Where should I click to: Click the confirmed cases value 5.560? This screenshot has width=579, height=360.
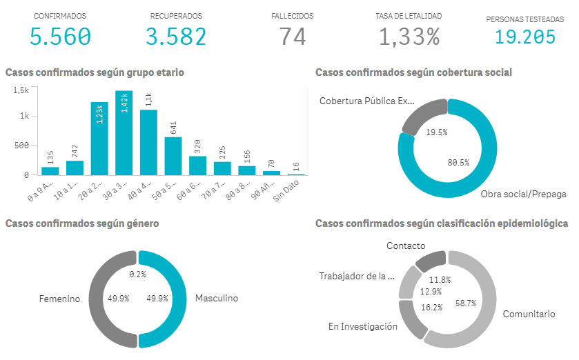60,36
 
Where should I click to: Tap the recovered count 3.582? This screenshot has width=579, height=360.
176,36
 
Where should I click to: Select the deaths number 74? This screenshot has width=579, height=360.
293,36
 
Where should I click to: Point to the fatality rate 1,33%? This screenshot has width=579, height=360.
409,36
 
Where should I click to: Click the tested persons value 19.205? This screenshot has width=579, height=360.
525,36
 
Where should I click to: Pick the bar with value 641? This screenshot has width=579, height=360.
173,157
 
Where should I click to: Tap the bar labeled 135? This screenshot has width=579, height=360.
50,171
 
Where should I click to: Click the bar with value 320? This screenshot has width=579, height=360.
198,166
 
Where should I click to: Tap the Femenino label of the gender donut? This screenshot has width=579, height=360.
60,299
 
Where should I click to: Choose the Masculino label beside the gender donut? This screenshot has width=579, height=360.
216,299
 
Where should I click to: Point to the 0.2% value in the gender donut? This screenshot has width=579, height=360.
139,274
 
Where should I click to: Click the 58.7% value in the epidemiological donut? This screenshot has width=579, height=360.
466,303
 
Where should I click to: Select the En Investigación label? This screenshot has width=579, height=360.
363,326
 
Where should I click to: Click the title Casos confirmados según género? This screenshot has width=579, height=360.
82,223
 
